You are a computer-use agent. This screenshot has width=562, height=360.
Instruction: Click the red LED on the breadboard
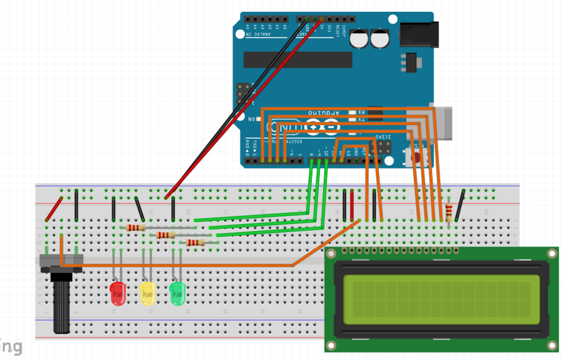pyautogui.click(x=118, y=293)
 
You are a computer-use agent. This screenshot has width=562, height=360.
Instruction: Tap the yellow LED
pyautogui.click(x=148, y=293)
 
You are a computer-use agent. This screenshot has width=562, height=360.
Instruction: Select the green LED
pyautogui.click(x=177, y=293)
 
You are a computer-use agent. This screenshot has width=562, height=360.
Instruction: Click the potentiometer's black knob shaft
pyautogui.click(x=61, y=305)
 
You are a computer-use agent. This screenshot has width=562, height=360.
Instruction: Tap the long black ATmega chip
pyautogui.click(x=297, y=60)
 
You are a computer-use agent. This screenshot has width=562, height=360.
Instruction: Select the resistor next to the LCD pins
pyautogui.click(x=449, y=213)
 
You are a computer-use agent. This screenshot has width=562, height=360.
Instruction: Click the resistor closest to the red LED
pyautogui.click(x=136, y=228)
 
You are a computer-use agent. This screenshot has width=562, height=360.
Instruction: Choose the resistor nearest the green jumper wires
pyautogui.click(x=195, y=242)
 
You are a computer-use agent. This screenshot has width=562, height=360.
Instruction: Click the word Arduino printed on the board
pyautogui.click(x=323, y=113)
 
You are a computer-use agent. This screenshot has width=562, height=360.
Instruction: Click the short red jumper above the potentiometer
pyautogui.click(x=54, y=209)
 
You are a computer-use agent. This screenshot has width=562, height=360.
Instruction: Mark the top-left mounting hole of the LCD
pyautogui.click(x=331, y=254)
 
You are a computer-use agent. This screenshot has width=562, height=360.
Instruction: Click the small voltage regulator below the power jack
pyautogui.click(x=411, y=63)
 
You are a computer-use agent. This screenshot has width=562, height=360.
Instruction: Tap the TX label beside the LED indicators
pyautogui.click(x=361, y=120)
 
